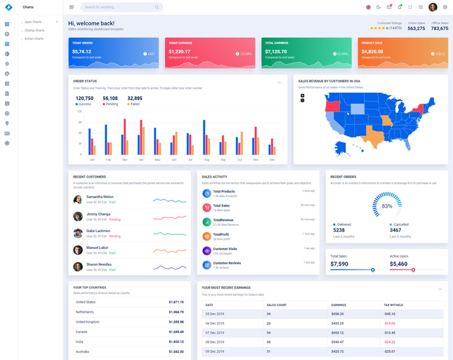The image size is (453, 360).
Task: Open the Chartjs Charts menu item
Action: [x=35, y=30]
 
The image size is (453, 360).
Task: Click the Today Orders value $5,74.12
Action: [x=82, y=52]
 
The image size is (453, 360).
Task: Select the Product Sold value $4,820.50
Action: [x=372, y=52]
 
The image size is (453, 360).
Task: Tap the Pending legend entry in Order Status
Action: [x=111, y=104]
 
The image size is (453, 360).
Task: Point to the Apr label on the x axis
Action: [x=141, y=160]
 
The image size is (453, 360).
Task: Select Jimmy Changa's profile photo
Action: [x=78, y=216]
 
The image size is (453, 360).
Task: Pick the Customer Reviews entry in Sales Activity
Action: [x=226, y=263]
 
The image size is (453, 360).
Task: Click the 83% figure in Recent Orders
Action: [x=387, y=206]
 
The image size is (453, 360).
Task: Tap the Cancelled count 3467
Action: [x=395, y=230]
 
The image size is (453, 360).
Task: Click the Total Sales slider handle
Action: [x=373, y=270]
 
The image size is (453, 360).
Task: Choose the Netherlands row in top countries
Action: [x=85, y=312]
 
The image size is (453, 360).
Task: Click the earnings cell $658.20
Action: [x=337, y=314]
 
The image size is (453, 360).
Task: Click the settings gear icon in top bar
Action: [x=445, y=7]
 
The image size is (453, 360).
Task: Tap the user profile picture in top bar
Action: [x=433, y=7]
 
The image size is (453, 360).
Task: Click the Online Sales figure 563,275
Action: [x=416, y=28]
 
